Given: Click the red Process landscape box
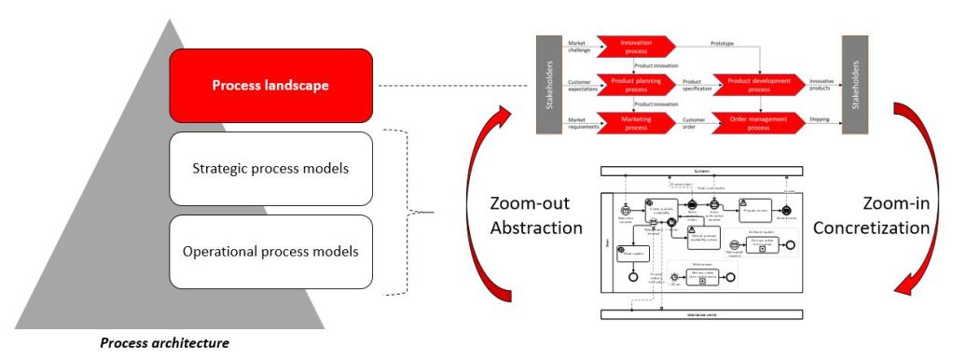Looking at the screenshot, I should (270, 86).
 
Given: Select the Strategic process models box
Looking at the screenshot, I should (270, 169).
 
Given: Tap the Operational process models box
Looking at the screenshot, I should (270, 251).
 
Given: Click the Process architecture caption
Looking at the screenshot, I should (164, 342).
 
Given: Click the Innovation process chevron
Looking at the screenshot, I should (638, 47).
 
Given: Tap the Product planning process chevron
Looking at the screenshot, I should (638, 85).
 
